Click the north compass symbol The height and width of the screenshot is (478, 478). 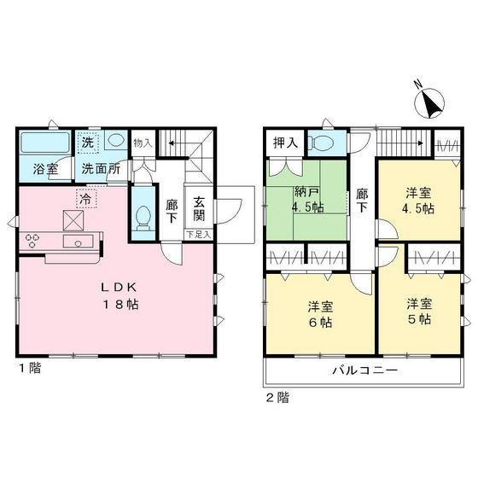[429, 102]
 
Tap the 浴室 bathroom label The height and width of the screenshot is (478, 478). [46, 169]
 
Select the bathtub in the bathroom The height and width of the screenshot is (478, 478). [45, 143]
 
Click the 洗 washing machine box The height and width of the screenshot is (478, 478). [88, 143]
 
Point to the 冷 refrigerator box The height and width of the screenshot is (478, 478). [86, 198]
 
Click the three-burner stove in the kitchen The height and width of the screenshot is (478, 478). [32, 241]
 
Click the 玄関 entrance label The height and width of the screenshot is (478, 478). [199, 209]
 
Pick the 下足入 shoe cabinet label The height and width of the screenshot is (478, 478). [198, 235]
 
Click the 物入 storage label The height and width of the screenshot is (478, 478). [143, 143]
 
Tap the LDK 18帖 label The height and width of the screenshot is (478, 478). [119, 295]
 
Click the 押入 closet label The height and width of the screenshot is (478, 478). [285, 143]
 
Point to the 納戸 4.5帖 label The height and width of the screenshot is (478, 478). [307, 200]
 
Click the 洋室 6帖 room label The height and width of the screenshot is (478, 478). [320, 314]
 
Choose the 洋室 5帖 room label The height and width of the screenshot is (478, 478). [419, 312]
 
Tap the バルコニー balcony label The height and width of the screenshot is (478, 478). [365, 370]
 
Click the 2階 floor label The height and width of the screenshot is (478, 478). [277, 398]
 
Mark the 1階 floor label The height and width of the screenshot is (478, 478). [30, 368]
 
